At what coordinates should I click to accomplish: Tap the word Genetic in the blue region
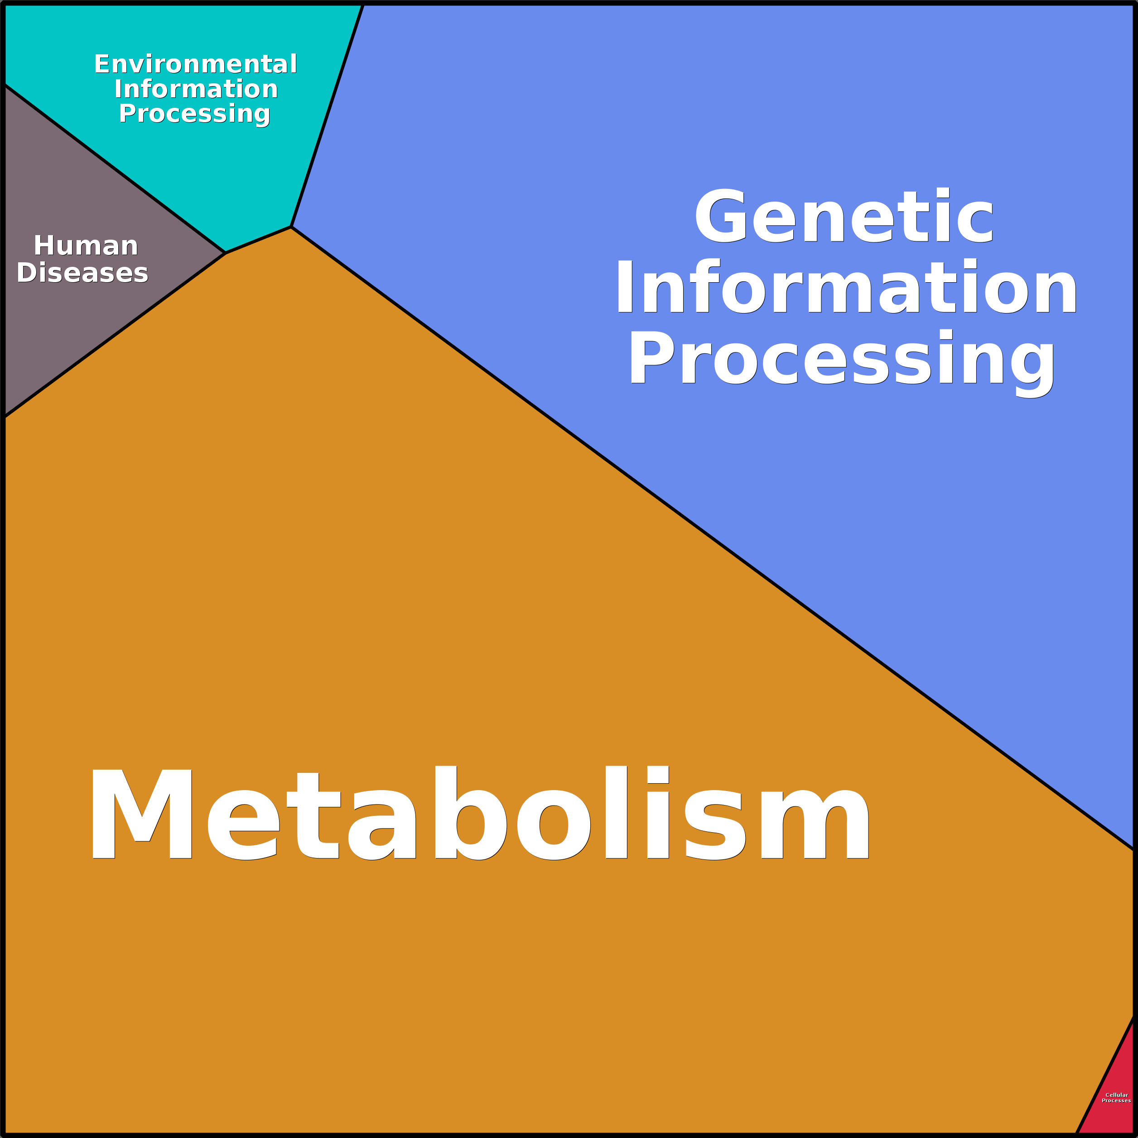[844, 216]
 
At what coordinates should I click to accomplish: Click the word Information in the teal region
[196, 89]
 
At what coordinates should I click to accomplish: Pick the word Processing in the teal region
[194, 113]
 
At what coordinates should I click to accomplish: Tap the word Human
[86, 245]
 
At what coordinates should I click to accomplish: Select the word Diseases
[82, 273]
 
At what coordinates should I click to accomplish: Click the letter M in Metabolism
[141, 814]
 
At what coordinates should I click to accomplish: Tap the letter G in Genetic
[720, 216]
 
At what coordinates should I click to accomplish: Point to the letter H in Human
[44, 245]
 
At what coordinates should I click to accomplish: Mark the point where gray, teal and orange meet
[226, 253]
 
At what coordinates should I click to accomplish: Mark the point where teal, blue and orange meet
[291, 227]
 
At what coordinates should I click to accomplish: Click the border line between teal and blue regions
[327, 116]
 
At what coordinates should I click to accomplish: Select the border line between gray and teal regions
[115, 169]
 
